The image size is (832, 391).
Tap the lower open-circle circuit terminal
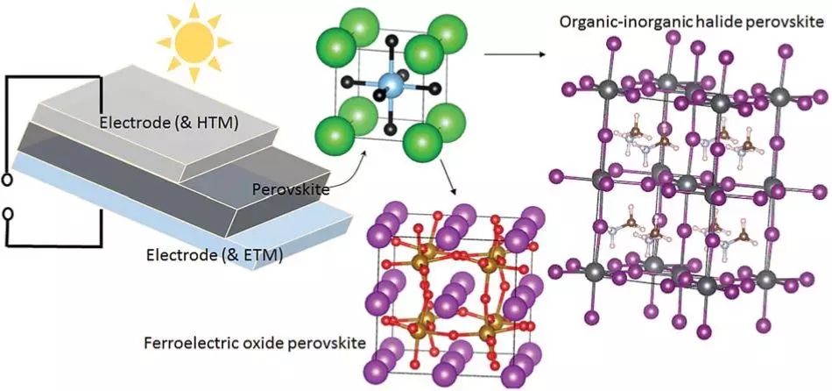click(8, 214)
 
